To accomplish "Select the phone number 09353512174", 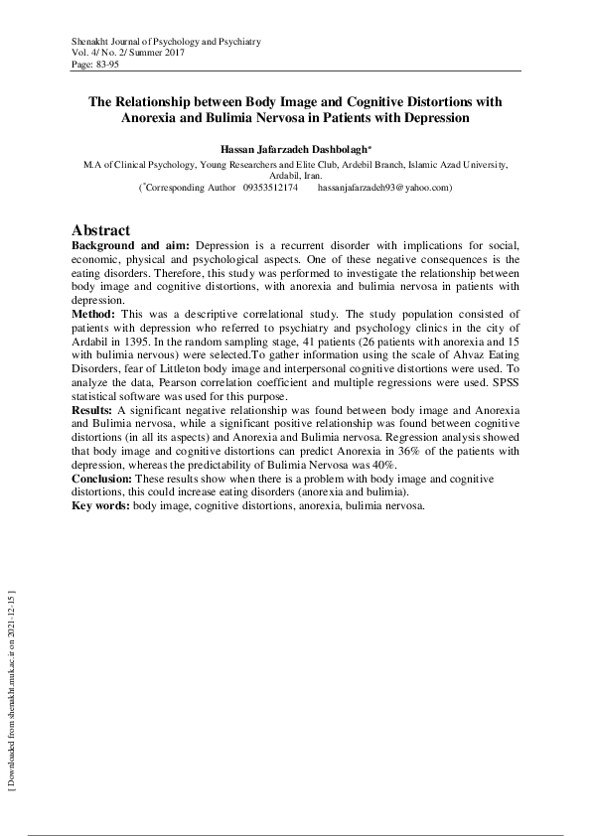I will pyautogui.click(x=270, y=187).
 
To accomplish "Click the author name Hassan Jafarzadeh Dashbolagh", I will pyautogui.click(x=294, y=148).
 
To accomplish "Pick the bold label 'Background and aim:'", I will pyautogui.click(x=131, y=244).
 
